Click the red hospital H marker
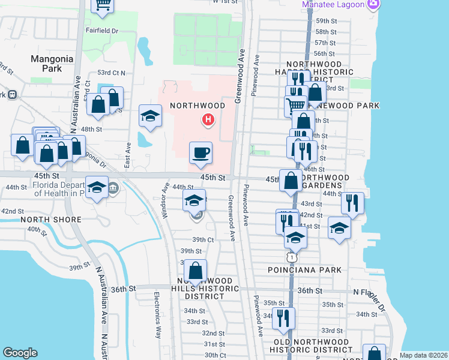tap(208, 120)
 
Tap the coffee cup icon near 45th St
tap(200, 152)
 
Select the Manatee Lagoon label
tap(334, 5)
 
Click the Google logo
tap(20, 353)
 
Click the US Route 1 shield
tap(292, 257)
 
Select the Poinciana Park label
tap(305, 270)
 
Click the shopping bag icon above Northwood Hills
tap(195, 269)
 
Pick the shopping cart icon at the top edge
tap(103, 5)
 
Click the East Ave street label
tap(128, 154)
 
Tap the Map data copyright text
tap(424, 355)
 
